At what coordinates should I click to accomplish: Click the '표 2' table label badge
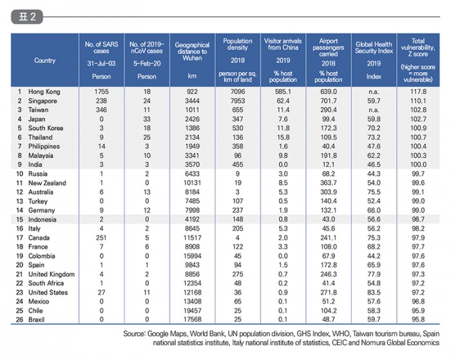point(27,17)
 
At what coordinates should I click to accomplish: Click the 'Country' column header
point(44,61)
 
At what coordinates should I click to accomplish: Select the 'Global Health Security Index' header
point(374,48)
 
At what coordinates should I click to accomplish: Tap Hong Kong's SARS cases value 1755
point(101,91)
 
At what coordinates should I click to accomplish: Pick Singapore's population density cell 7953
point(238,101)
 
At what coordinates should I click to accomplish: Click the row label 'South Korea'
point(46,128)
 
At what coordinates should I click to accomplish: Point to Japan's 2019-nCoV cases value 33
point(147,119)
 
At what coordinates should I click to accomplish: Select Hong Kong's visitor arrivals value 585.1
point(283,91)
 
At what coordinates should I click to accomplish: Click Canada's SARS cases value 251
point(101,238)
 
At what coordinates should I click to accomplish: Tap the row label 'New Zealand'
point(47,183)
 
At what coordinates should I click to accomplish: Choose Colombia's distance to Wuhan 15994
point(192,256)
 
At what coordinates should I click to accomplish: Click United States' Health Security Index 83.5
point(374,292)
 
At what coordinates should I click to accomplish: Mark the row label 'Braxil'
point(36,319)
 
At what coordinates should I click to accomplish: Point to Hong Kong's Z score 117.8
point(418,91)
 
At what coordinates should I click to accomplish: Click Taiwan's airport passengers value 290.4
point(329,110)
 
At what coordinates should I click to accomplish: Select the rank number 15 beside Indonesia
point(19,220)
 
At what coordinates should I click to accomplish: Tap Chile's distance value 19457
point(192,310)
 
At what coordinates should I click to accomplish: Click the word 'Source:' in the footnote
point(134,334)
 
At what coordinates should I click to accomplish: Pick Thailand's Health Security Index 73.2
point(374,137)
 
